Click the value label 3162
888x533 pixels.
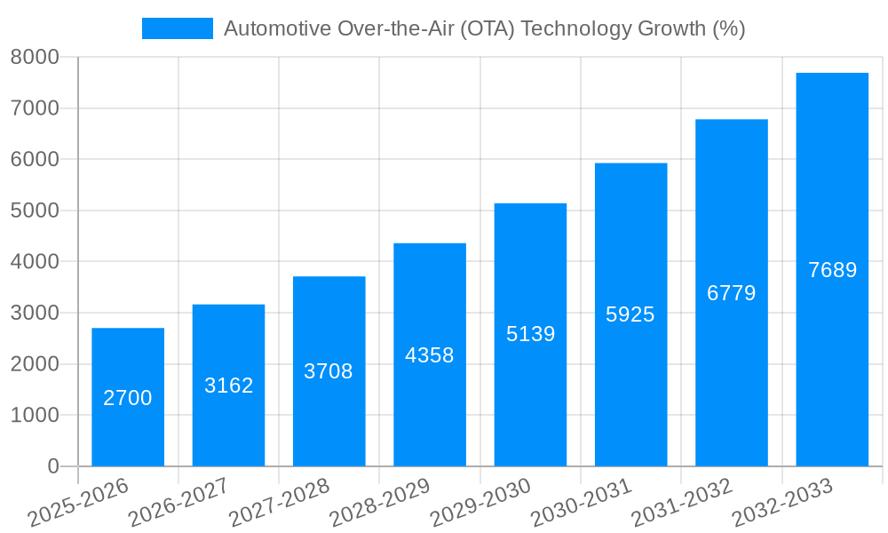(228, 386)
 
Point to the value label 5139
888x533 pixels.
(530, 335)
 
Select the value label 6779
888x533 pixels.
(731, 293)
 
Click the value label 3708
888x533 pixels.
(329, 371)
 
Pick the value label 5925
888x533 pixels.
(630, 314)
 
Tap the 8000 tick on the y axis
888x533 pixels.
(35, 58)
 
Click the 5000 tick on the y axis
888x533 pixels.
(35, 211)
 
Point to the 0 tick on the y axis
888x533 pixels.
(52, 466)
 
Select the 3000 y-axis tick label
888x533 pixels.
(35, 314)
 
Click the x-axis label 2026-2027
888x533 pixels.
(178, 502)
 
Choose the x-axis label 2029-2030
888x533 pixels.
(480, 502)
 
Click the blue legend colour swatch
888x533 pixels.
(178, 28)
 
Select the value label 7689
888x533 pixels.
(832, 270)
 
